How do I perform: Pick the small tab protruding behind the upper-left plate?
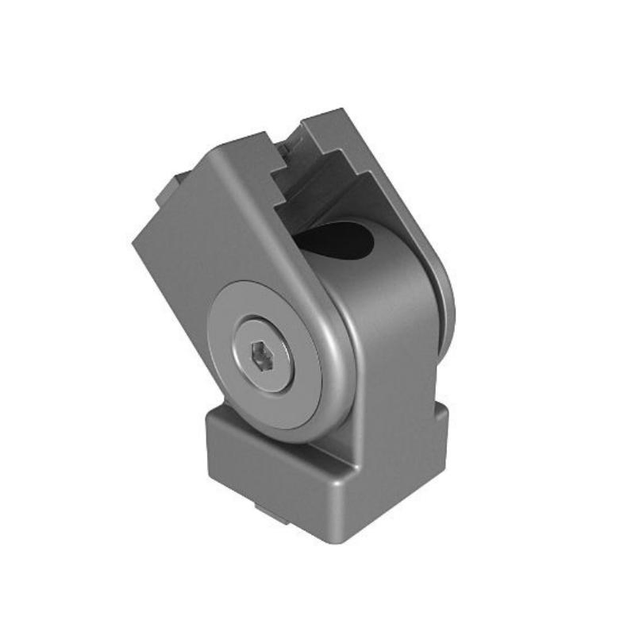169,190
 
